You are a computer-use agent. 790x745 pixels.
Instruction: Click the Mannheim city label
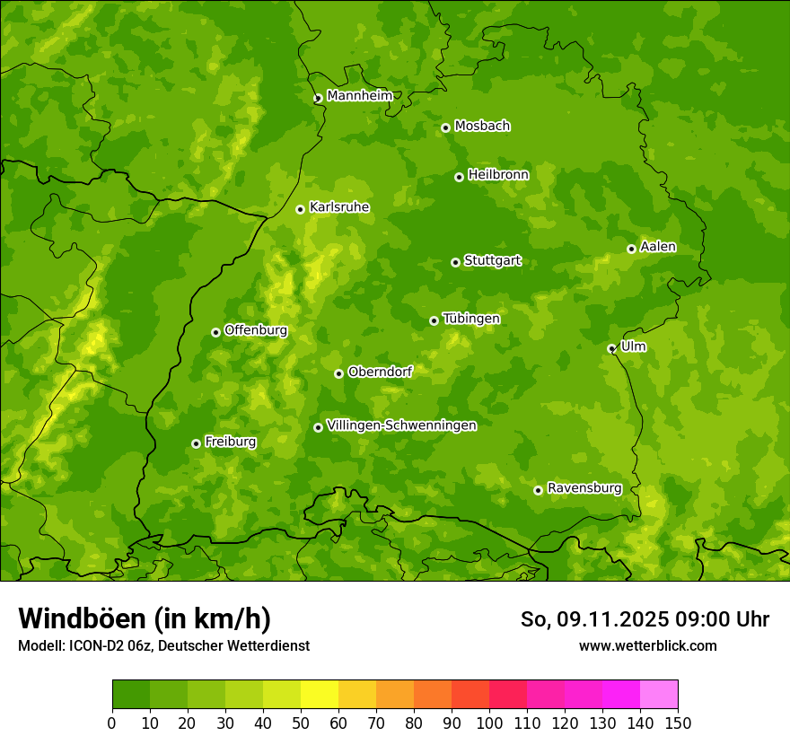tap(359, 96)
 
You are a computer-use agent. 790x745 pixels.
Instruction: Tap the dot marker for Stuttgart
tap(455, 262)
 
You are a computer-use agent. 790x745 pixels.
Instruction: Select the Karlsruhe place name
tap(339, 207)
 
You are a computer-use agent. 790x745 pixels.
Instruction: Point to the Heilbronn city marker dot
tap(459, 177)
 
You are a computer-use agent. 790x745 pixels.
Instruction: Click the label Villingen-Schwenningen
tap(401, 425)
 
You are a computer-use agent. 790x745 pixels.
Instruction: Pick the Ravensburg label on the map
tap(584, 488)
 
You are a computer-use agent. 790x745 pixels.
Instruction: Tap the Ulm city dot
tap(611, 348)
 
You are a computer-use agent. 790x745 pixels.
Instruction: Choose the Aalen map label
tap(658, 247)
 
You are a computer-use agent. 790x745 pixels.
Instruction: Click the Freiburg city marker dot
tap(196, 443)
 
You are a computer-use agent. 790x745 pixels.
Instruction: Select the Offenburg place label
tap(256, 330)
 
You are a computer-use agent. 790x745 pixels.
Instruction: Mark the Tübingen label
tap(471, 319)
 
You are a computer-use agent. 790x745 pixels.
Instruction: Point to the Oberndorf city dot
tap(338, 373)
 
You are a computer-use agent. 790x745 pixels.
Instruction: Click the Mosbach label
tap(482, 127)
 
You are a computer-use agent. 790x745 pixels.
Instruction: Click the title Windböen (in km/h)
tap(145, 618)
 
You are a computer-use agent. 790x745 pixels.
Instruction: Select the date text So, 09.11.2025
tap(593, 619)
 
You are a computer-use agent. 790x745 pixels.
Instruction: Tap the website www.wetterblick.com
tap(647, 645)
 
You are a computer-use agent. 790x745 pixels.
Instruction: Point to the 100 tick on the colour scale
tap(489, 723)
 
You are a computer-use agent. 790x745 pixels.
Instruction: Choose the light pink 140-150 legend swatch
tap(659, 695)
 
